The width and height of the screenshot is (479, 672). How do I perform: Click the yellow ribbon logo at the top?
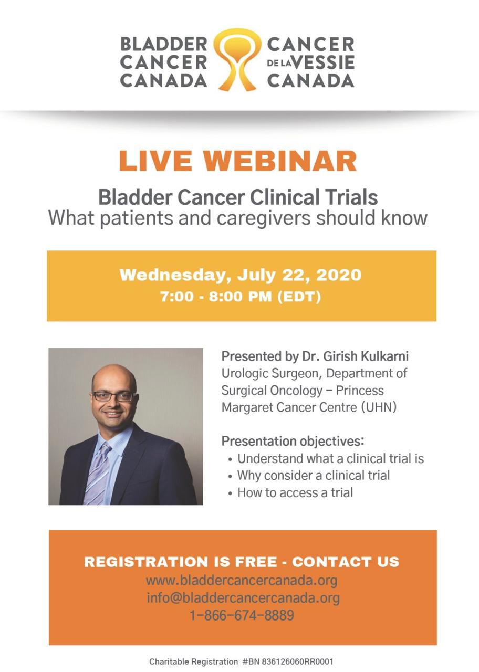[237, 59]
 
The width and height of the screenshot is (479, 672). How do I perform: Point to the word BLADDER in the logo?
[164, 45]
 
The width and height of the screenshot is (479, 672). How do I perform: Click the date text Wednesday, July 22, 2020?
[241, 276]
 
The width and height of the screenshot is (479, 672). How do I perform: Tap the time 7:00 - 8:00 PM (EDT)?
[241, 297]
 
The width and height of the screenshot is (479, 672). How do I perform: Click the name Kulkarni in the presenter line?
[384, 356]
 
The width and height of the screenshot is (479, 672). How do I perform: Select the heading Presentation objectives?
[293, 442]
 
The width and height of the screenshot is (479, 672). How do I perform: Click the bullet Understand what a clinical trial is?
[330, 459]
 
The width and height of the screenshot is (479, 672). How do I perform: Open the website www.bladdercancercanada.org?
[242, 581]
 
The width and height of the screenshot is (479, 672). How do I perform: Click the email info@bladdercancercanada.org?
[243, 598]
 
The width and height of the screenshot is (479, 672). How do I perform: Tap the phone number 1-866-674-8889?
[242, 615]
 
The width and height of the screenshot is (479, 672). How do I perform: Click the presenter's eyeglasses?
[113, 396]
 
